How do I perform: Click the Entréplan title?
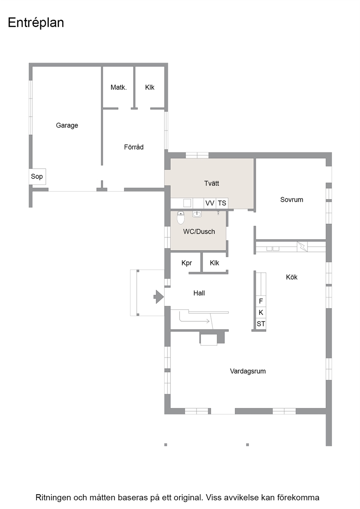pyautogui.click(x=36, y=23)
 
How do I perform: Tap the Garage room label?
pyautogui.click(x=67, y=126)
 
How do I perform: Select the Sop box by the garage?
pyautogui.click(x=37, y=176)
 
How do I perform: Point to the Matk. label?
pyautogui.click(x=119, y=87)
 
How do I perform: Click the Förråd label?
pyautogui.click(x=134, y=147)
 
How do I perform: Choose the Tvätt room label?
pyautogui.click(x=211, y=183)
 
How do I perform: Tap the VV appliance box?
pyautogui.click(x=209, y=203)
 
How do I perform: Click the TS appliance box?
pyautogui.click(x=222, y=203)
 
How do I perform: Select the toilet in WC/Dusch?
pyautogui.click(x=181, y=218)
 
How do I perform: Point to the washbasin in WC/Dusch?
pyautogui.click(x=197, y=214)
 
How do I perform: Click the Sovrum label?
pyautogui.click(x=291, y=200)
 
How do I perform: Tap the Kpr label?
pyautogui.click(x=187, y=263)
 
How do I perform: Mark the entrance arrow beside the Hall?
pyautogui.click(x=159, y=297)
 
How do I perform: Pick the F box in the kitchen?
pyautogui.click(x=261, y=301)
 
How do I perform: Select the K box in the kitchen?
pyautogui.click(x=261, y=312)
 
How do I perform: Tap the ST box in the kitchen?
pyautogui.click(x=261, y=324)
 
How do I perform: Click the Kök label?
pyautogui.click(x=291, y=277)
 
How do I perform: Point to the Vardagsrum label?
pyautogui.click(x=248, y=371)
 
